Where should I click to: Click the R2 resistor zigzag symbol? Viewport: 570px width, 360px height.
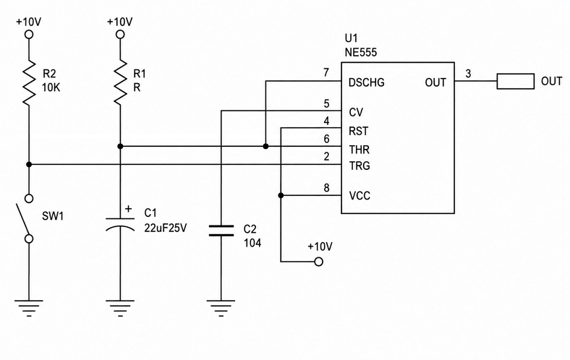point(29,83)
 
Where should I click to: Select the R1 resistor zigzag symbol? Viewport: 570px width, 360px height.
point(120,83)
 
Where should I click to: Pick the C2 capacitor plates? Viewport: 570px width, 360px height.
point(221,231)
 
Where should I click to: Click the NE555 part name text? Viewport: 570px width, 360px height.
point(361,52)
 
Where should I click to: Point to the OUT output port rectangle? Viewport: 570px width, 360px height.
point(516,81)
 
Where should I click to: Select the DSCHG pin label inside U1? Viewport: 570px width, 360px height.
point(366,83)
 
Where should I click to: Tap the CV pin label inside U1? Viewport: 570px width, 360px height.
point(356,113)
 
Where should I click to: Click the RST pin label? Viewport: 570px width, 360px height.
point(359,131)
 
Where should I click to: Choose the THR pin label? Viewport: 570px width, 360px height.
point(360,150)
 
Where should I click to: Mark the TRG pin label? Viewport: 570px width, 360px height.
point(360,166)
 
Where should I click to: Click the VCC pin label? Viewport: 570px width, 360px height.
point(360,196)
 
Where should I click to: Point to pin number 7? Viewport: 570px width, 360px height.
point(326,73)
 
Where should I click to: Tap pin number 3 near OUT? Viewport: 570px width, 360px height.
point(468,74)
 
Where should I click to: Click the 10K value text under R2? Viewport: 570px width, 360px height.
point(51,88)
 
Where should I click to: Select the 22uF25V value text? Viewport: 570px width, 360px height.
point(166,228)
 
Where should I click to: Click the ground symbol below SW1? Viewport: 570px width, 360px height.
point(29,308)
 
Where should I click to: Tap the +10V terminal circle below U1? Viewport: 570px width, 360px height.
point(318,262)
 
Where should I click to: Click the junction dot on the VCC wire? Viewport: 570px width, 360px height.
point(281,195)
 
